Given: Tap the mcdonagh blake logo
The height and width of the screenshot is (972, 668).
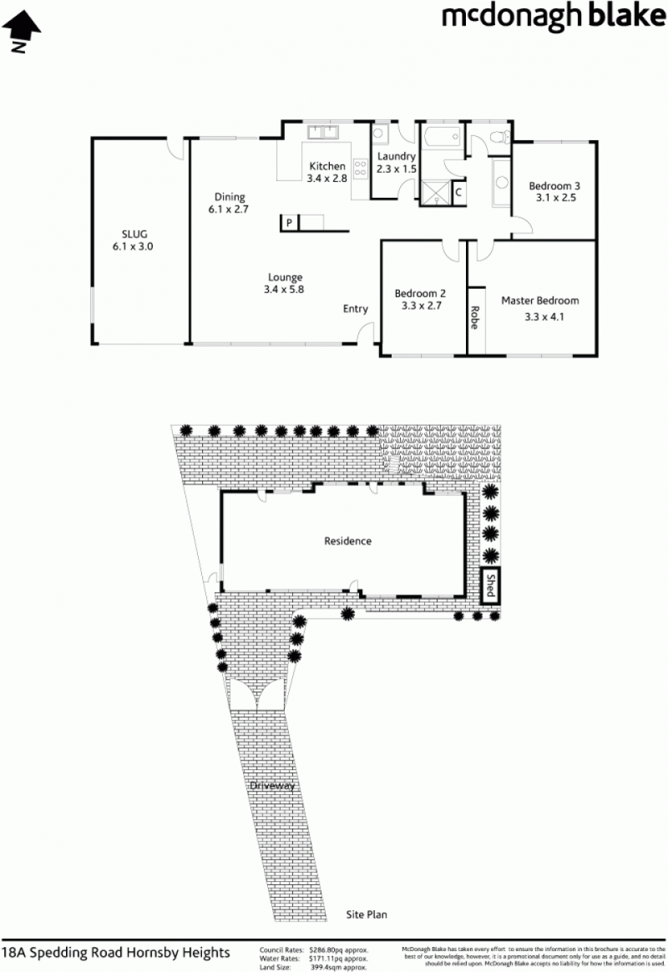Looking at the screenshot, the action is coord(554,18).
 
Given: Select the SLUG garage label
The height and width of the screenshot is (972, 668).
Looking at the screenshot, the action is coord(134,240).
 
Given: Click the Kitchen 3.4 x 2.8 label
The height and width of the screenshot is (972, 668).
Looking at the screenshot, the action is coord(327,172).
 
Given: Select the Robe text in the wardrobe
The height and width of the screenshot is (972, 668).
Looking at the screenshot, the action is coord(475,318).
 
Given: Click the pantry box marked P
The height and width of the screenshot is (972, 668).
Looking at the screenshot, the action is coord(290,223).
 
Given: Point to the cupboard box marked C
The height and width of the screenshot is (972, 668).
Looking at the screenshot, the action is coord(458,191).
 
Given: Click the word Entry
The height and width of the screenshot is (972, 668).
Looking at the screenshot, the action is coord(356,309).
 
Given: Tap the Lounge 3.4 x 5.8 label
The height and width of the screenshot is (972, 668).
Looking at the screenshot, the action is coord(285,283).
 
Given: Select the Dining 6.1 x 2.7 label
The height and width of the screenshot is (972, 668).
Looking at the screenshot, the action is coord(229,203).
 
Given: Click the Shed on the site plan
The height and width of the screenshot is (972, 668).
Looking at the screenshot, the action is coord(491,586).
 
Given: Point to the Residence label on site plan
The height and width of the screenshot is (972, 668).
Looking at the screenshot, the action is coord(348,541).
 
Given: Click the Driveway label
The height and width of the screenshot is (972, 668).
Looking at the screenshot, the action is coord(273,786).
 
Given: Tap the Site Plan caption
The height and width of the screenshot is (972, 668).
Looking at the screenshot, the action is coord(367,914).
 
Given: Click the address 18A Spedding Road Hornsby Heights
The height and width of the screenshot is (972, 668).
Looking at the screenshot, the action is coord(116,953).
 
